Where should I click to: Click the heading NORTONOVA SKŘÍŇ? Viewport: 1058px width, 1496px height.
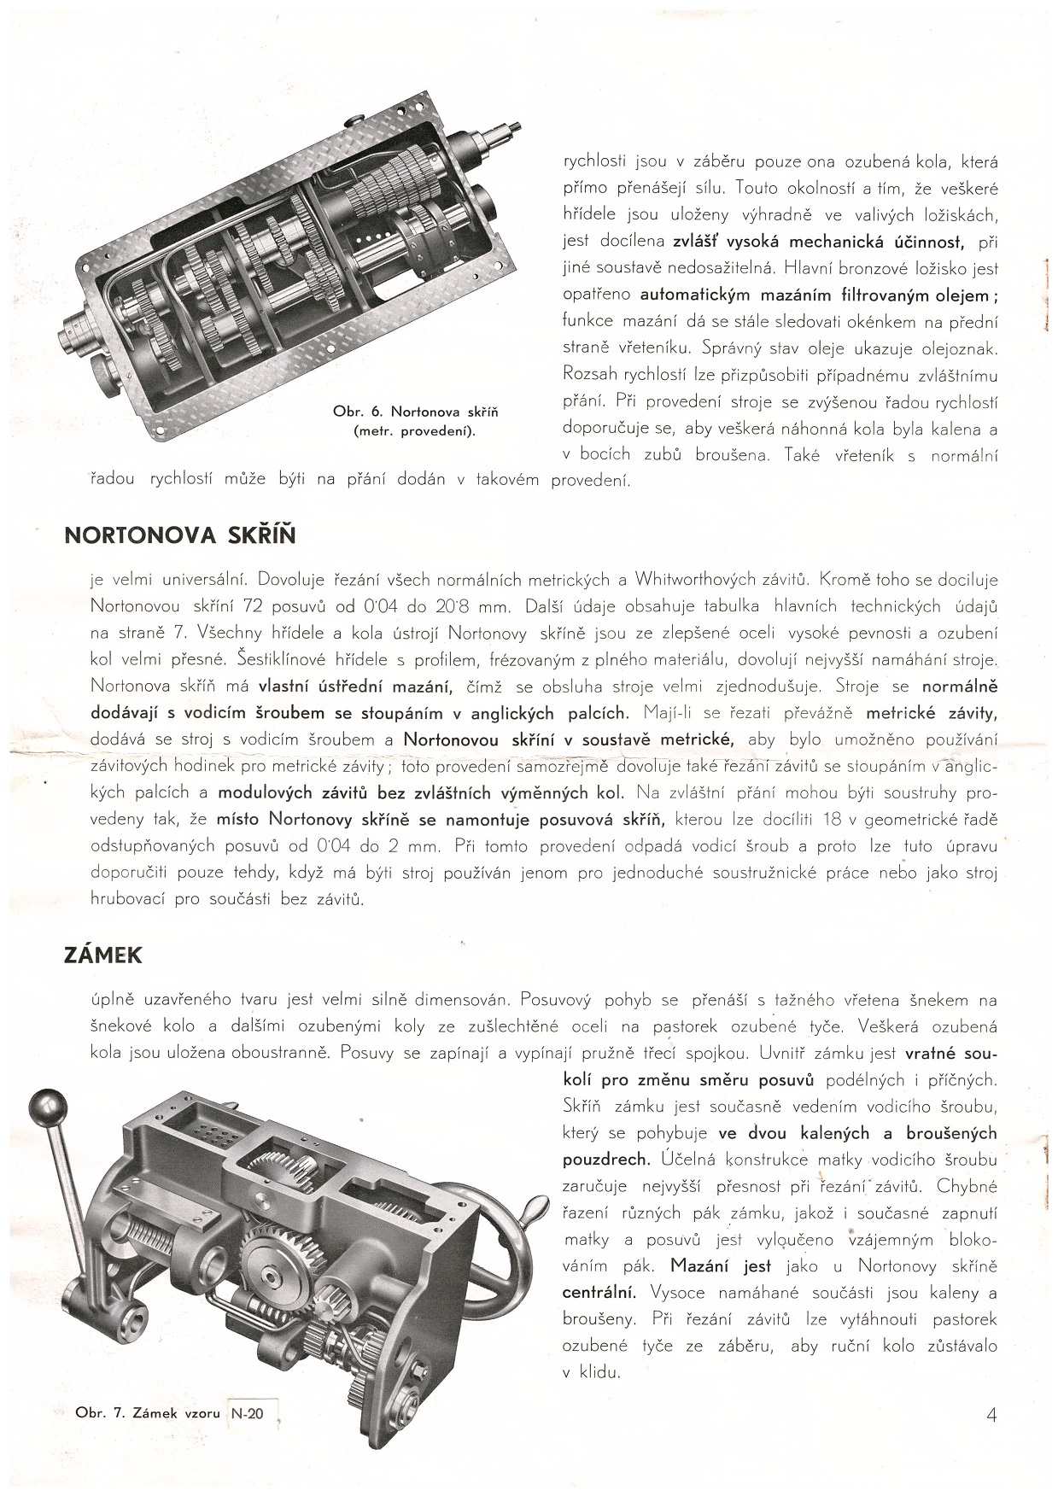(180, 535)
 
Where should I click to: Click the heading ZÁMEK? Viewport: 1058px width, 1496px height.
(102, 955)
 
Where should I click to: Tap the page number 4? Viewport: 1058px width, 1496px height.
(991, 1414)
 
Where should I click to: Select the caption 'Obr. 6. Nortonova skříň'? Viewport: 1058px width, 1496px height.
(415, 412)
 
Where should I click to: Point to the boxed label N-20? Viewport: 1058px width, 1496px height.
(248, 1413)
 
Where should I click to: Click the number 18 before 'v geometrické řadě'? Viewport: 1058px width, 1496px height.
(833, 820)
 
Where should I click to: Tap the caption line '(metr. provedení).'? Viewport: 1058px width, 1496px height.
(415, 431)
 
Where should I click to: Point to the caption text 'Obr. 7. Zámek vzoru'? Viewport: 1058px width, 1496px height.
(149, 1413)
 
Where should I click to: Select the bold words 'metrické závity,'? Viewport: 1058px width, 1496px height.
(932, 713)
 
